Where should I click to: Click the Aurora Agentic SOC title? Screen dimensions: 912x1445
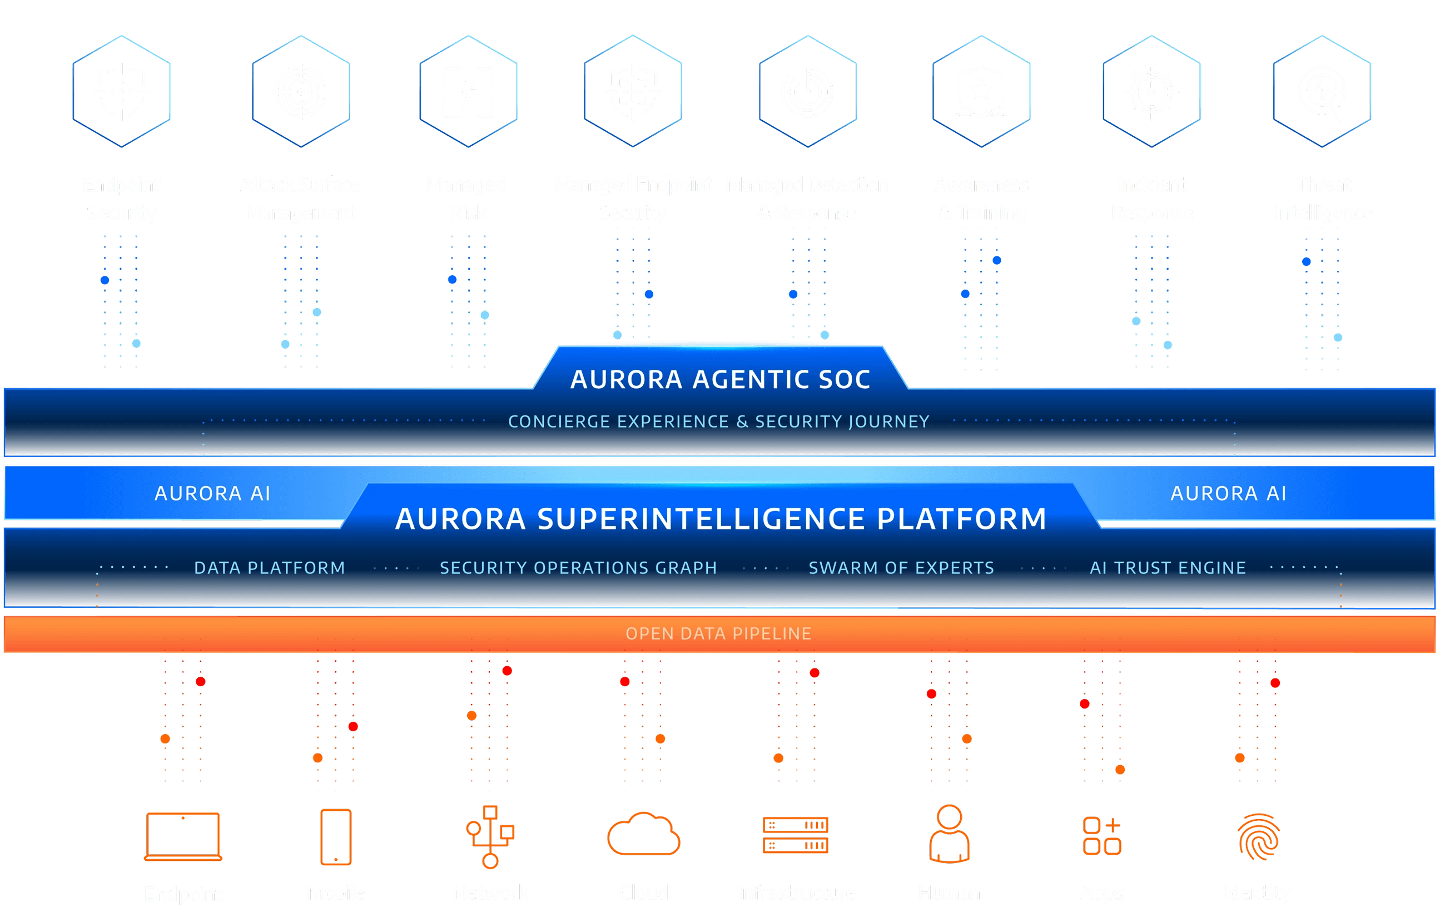click(720, 379)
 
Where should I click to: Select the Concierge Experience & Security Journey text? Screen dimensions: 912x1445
click(718, 422)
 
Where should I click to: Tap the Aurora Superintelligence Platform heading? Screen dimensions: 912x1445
click(721, 519)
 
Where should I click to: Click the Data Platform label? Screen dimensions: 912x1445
click(270, 568)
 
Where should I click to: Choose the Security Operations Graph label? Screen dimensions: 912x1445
click(578, 568)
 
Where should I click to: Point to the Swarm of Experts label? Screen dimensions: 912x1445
click(901, 568)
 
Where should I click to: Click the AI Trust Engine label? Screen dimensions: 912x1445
click(1167, 568)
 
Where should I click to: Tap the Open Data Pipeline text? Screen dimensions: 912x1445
click(718, 634)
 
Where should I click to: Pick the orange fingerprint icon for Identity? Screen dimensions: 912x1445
click(1258, 836)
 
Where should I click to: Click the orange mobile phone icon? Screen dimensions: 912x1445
click(335, 836)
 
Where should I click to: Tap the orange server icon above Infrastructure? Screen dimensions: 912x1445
click(796, 835)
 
